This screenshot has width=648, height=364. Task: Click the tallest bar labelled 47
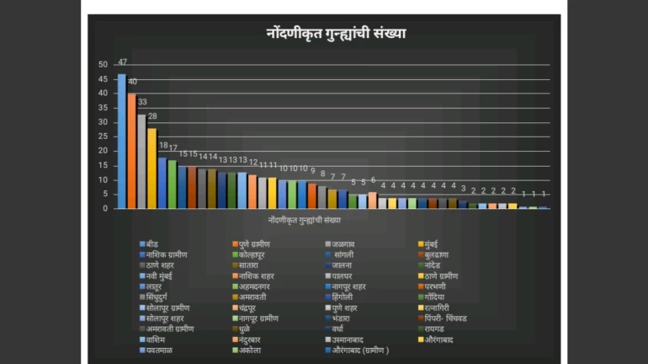[121, 141]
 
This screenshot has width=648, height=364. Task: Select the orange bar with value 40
[131, 151]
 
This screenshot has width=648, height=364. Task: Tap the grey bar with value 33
[141, 161]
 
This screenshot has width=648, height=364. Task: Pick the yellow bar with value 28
[151, 168]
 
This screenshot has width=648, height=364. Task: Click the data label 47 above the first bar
[122, 62]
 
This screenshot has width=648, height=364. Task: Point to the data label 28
[152, 116]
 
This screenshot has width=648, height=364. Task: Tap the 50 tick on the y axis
[104, 64]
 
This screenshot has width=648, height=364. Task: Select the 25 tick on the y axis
[104, 136]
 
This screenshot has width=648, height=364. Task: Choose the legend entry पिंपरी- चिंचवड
[454, 319]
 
